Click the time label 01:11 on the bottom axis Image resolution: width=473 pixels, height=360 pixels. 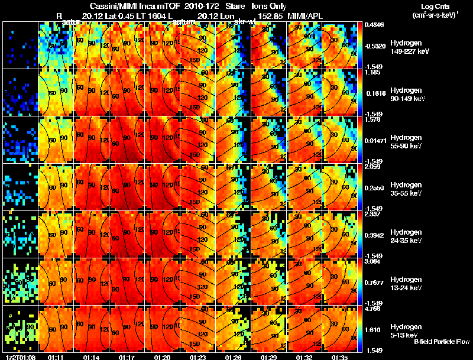tap(56, 357)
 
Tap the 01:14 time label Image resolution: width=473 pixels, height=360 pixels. tap(91, 357)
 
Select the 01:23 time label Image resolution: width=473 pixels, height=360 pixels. tap(197, 357)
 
